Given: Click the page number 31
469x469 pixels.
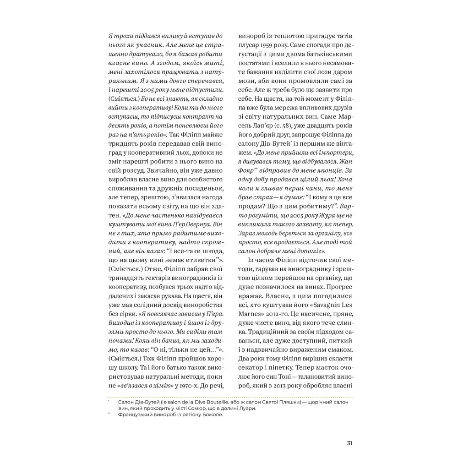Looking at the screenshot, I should tap(349, 443).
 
